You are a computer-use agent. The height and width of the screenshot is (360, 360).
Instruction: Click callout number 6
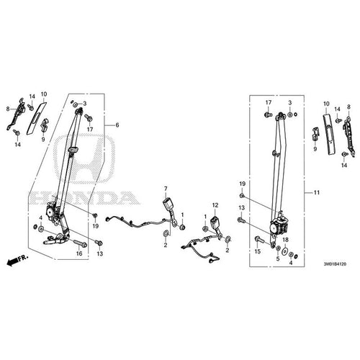[x=117, y=125]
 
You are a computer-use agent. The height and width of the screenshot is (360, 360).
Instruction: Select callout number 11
[x=317, y=192]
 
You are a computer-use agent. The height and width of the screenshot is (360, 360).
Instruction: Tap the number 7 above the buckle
[x=166, y=189]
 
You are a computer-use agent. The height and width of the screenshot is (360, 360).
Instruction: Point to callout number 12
[x=215, y=205]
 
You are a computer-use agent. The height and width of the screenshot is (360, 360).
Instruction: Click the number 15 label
[x=257, y=252]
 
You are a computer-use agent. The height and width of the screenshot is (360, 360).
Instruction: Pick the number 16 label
[x=79, y=253]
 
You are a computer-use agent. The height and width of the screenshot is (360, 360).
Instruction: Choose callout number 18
[x=285, y=240]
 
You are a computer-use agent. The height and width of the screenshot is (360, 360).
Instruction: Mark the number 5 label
[x=278, y=259]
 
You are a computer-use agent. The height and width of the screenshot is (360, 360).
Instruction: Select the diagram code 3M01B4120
[x=335, y=264]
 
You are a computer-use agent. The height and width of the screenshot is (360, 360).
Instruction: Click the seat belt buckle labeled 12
[x=216, y=222]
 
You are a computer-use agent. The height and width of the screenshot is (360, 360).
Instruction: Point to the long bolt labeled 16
[x=81, y=243]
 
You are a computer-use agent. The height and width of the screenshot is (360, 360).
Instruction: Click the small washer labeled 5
[x=279, y=248]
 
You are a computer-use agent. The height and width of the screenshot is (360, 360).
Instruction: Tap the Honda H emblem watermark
[x=84, y=159]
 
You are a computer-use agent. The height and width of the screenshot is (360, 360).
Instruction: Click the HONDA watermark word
[x=84, y=198]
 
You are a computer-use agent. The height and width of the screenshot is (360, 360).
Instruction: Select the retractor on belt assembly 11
[x=279, y=226]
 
